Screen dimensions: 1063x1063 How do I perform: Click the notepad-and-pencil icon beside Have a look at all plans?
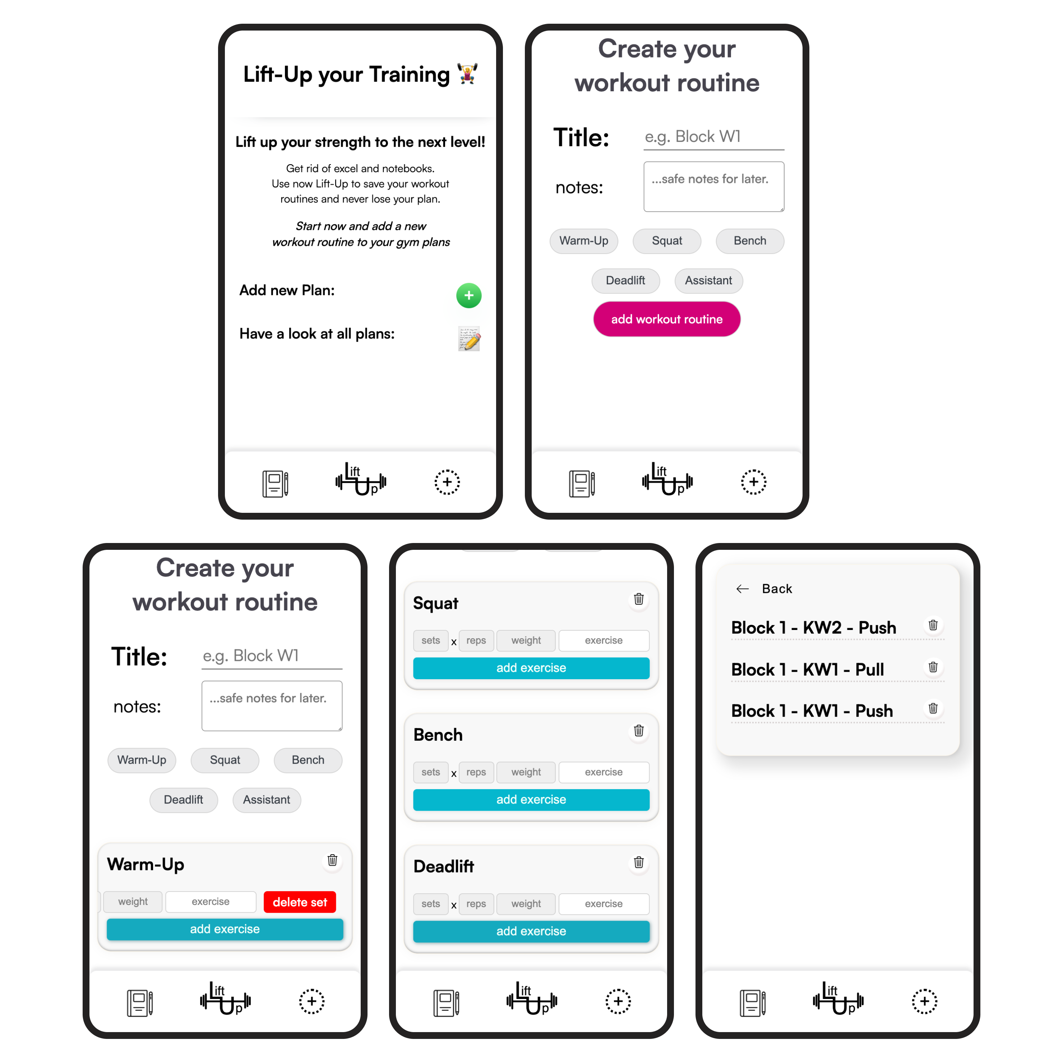coord(469,339)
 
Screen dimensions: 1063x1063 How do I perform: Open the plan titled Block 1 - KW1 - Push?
coord(812,711)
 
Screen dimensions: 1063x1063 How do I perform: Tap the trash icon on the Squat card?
coord(638,599)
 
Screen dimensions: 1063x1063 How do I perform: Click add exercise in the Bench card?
coord(531,799)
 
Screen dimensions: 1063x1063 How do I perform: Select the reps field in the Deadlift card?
coord(476,903)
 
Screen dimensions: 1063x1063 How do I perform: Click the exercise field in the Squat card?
coord(604,640)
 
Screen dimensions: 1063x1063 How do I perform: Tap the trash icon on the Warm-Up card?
coord(332,860)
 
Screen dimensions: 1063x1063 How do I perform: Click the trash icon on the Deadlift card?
coord(638,862)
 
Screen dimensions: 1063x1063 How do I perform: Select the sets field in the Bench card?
coord(430,772)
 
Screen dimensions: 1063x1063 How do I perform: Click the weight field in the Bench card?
coord(526,772)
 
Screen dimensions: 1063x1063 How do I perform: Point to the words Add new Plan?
coord(287,290)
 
